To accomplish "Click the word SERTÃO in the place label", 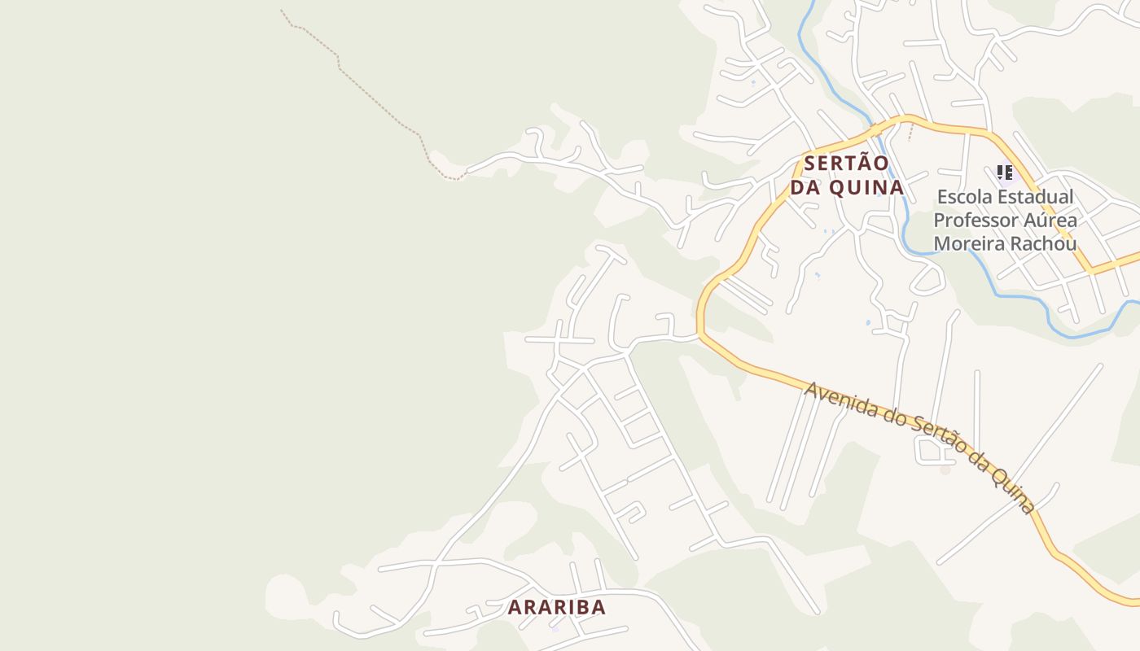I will [845, 163].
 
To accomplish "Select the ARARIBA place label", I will [557, 607].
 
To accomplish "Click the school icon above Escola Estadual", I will [1005, 173].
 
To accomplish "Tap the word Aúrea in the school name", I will [1052, 221].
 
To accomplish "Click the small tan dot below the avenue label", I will [945, 470].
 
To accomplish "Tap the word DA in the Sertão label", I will [805, 187].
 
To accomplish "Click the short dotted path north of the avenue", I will [910, 132].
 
